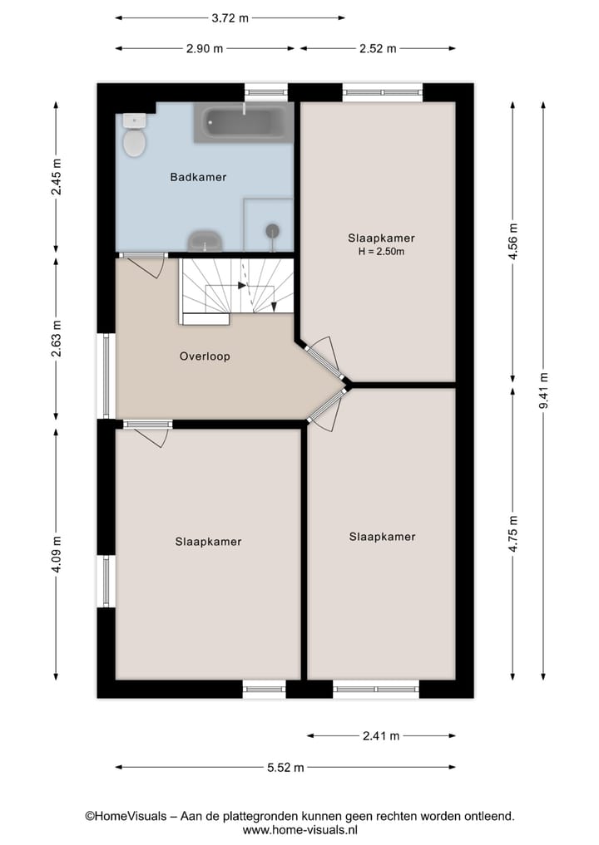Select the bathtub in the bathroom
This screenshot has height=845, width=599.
[x=243, y=123]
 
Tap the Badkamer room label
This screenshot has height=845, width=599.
[x=198, y=177]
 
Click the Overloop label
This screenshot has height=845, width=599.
[x=205, y=356]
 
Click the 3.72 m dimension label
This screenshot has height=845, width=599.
[x=230, y=17]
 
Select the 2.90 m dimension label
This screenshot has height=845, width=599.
[x=205, y=48]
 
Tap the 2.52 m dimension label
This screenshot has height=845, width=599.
[x=378, y=48]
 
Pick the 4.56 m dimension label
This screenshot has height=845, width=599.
[x=513, y=242]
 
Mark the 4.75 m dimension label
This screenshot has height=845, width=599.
[x=513, y=532]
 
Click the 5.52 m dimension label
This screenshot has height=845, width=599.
[x=285, y=767]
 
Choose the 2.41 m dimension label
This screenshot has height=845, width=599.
[x=381, y=735]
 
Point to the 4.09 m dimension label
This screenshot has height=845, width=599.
[x=56, y=553]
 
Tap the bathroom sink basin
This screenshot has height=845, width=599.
[x=205, y=241]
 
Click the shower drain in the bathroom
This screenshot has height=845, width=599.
[x=272, y=230]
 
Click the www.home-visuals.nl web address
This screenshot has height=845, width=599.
[x=299, y=829]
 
